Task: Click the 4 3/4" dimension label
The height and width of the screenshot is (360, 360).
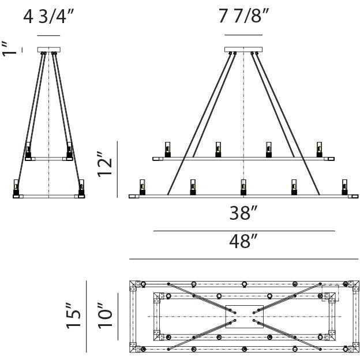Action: point(48,17)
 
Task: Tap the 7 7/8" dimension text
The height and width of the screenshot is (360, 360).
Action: point(243,16)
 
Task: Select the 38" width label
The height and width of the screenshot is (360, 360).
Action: point(243,213)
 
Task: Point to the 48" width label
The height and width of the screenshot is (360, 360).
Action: point(243,241)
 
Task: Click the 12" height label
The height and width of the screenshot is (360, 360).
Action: point(104,164)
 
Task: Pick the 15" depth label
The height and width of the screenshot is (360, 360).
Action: point(73,316)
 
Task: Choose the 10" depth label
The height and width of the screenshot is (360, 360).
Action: point(105,316)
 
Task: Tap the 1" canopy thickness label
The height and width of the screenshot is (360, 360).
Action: point(9,49)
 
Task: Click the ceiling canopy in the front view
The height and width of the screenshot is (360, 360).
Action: point(243,50)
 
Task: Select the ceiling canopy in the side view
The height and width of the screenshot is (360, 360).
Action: point(49,50)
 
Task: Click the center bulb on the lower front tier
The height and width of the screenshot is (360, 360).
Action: point(243,187)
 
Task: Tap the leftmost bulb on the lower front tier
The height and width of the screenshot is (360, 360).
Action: point(142,187)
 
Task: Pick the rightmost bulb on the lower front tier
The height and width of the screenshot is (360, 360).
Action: point(344,187)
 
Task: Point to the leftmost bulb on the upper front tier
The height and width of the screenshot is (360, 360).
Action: point(168,149)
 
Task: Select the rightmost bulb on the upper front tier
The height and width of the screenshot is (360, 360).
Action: point(319,149)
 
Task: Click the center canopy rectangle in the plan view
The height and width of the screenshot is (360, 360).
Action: point(244,317)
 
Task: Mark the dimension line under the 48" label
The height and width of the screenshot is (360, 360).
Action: point(243,259)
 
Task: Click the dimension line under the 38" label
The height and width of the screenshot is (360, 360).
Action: point(244,231)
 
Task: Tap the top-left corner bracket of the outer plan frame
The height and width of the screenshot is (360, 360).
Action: point(134,286)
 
